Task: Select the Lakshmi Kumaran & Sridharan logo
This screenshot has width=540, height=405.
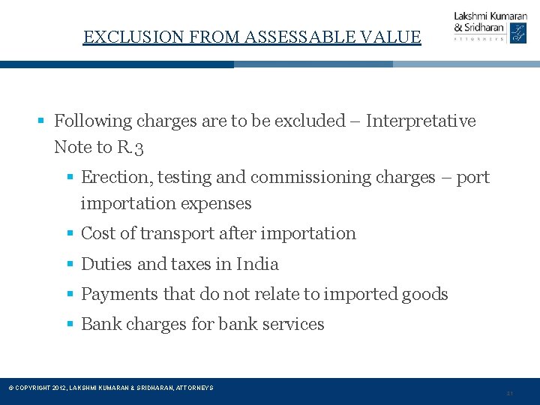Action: (490, 27)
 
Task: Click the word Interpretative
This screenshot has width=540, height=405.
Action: (421, 121)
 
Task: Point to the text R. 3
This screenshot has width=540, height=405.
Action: (130, 147)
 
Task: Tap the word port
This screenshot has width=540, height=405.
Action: (472, 178)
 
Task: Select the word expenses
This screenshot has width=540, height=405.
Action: (215, 203)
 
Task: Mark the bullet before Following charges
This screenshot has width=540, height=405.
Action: (43, 121)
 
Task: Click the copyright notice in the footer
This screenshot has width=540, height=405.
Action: (110, 388)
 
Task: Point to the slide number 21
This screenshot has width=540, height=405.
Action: (509, 393)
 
